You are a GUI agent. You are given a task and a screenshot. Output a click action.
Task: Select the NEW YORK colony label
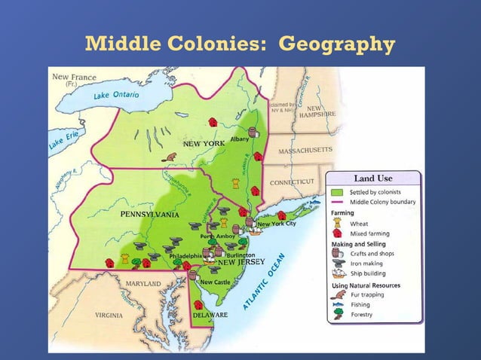(204, 143)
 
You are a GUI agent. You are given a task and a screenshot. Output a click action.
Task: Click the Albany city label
(240, 139)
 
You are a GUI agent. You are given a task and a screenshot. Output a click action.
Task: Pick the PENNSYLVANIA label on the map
(149, 215)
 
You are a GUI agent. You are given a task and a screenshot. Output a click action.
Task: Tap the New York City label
(277, 224)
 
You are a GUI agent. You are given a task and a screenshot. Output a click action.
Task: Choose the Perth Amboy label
(218, 236)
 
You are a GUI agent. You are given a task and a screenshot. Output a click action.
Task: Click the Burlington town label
(240, 255)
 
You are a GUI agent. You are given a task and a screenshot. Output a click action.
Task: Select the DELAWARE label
(210, 315)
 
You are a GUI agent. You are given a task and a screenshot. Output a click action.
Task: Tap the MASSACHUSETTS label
(305, 151)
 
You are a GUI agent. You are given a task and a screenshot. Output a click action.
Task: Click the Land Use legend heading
(373, 178)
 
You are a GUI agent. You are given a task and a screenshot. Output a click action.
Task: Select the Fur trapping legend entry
(367, 295)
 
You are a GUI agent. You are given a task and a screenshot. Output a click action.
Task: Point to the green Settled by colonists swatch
(337, 192)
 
